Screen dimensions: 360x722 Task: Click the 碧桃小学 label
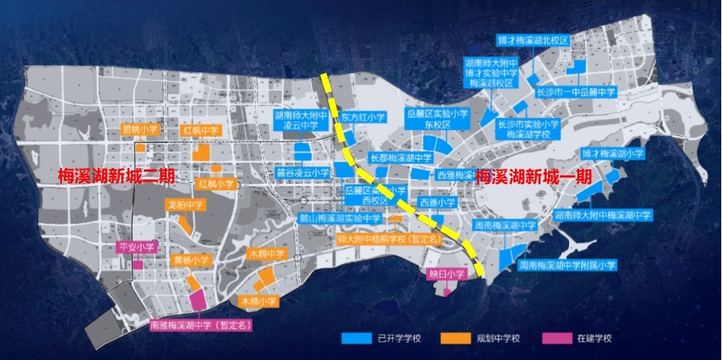point(141,129)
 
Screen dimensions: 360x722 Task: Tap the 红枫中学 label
point(201,130)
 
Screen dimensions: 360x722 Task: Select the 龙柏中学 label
point(185,203)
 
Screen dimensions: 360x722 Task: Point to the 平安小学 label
point(137,246)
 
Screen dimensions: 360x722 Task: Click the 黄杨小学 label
point(191,260)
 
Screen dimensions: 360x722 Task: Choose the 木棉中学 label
point(267,254)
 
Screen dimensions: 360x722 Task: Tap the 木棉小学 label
point(259,301)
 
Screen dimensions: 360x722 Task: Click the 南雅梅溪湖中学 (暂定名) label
point(200,325)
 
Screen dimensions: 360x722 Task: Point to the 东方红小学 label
point(362,117)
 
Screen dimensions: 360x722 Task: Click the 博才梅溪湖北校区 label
point(532,39)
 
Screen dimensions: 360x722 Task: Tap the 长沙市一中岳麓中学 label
point(576,92)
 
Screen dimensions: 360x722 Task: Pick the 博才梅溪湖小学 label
point(613,153)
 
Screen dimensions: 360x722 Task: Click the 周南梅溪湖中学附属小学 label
point(567,265)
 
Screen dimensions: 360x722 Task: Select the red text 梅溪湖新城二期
point(116,175)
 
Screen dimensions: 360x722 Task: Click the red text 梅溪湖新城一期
point(534,175)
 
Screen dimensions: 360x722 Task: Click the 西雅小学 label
point(437,202)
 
